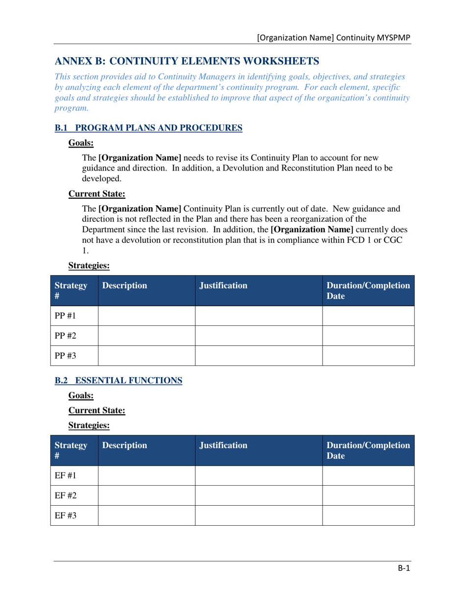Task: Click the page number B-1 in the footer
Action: [x=403, y=568]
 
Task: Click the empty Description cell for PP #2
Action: [x=147, y=336]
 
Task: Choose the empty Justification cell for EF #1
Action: [x=258, y=475]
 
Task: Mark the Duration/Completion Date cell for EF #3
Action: [x=368, y=515]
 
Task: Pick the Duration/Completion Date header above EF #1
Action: [x=368, y=451]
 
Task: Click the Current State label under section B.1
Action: [x=97, y=194]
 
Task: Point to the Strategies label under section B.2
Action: [x=89, y=425]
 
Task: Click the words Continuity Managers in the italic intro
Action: [x=199, y=77]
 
